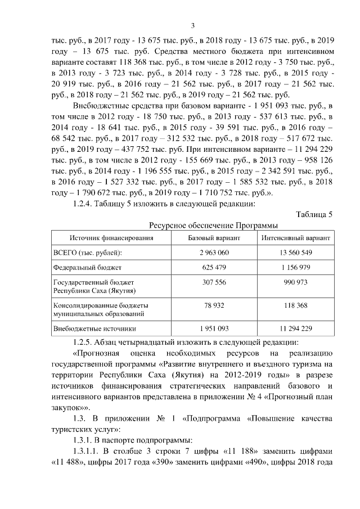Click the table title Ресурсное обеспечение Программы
pos(213,225)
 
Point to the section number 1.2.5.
pos(84,342)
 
